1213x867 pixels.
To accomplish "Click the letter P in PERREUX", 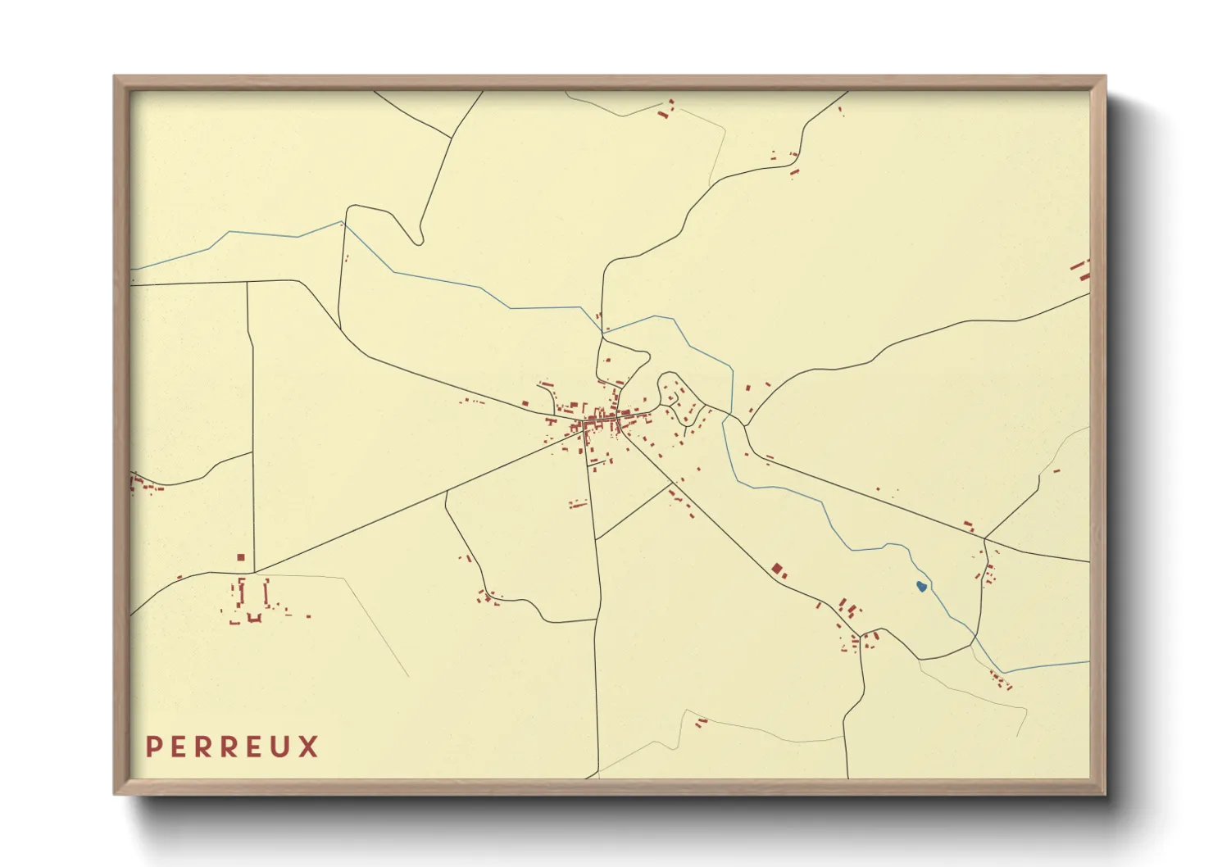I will click(152, 747).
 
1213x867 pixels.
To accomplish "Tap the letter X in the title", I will click(308, 747).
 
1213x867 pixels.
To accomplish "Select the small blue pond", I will click(921, 586).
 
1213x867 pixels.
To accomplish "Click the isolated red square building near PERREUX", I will click(241, 557).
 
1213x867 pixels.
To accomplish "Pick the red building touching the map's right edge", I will click(1082, 270).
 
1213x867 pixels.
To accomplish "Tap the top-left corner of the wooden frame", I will click(115, 77).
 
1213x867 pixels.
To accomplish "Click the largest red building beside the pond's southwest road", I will click(777, 568).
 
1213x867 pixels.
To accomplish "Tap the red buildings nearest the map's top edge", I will click(666, 111).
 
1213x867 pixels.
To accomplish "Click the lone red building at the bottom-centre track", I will click(701, 722).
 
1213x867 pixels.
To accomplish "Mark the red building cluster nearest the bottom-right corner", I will click(1000, 680).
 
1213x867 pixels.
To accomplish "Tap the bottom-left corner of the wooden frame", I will click(115, 793).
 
